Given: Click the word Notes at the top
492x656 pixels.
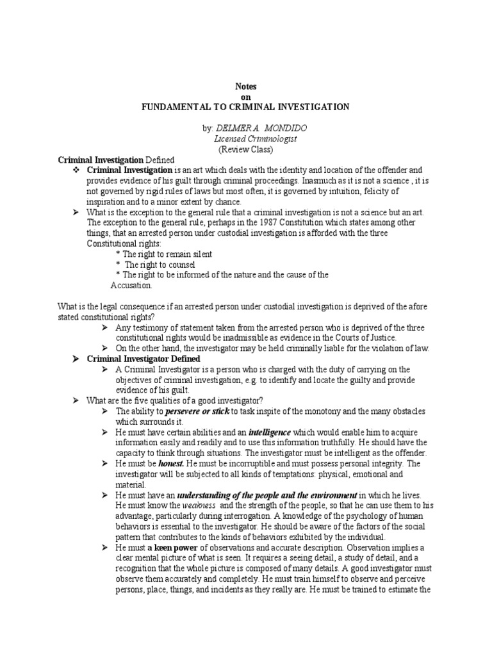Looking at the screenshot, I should [x=245, y=86].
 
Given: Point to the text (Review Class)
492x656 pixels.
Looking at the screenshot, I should [x=246, y=149].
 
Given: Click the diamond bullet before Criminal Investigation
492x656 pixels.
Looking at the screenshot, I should [x=76, y=170].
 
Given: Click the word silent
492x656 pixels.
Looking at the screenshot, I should [x=200, y=254].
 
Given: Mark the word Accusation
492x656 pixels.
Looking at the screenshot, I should [x=131, y=285].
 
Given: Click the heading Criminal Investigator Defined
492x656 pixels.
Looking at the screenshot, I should [x=143, y=359].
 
